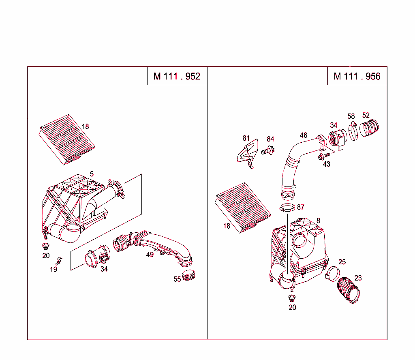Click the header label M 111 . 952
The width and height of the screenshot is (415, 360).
(x=177, y=76)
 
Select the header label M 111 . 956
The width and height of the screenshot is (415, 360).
(x=357, y=76)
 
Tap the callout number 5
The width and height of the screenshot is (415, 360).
(x=92, y=174)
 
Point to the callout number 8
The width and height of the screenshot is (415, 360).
(x=318, y=221)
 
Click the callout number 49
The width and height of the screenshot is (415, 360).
(x=150, y=255)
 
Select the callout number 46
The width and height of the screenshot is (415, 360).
(x=304, y=135)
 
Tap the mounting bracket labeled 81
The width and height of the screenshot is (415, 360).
(x=247, y=154)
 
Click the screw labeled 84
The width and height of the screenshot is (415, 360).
(x=267, y=151)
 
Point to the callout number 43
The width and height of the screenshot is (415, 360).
(x=326, y=164)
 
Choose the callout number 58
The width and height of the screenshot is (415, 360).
(x=351, y=117)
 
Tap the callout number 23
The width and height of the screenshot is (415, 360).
(x=358, y=278)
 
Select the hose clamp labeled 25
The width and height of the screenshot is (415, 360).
(x=334, y=272)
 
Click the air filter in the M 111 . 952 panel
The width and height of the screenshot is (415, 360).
(x=68, y=139)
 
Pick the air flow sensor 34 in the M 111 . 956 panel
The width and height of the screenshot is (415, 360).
(x=337, y=139)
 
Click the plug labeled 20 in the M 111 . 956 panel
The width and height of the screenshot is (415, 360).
(x=291, y=298)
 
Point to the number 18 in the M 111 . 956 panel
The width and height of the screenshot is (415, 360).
(x=227, y=226)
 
